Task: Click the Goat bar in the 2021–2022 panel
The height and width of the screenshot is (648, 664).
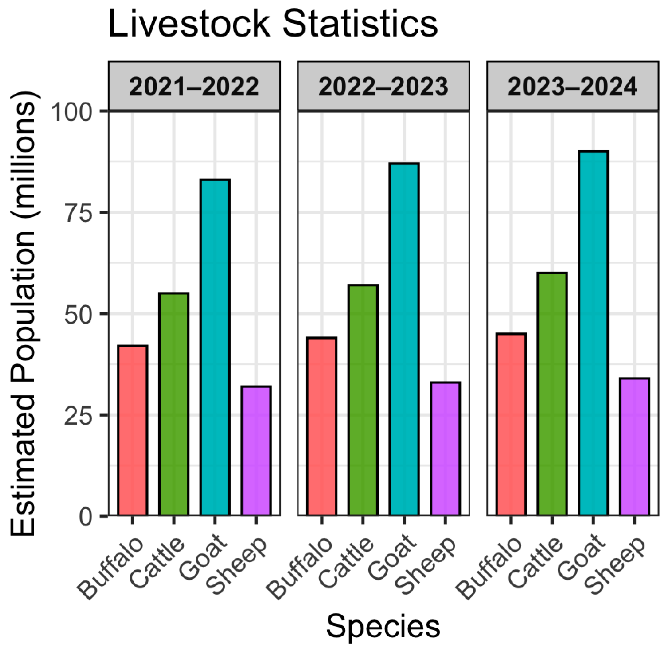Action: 215,347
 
